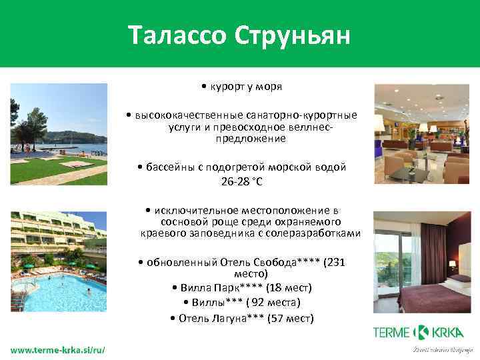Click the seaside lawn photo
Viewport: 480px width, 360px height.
click(x=59, y=134)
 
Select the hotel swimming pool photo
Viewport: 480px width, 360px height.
click(x=59, y=262)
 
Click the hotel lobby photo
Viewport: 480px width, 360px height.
click(x=422, y=134)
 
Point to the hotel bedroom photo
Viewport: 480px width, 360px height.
click(x=422, y=262)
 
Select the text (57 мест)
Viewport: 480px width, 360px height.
click(x=290, y=318)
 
